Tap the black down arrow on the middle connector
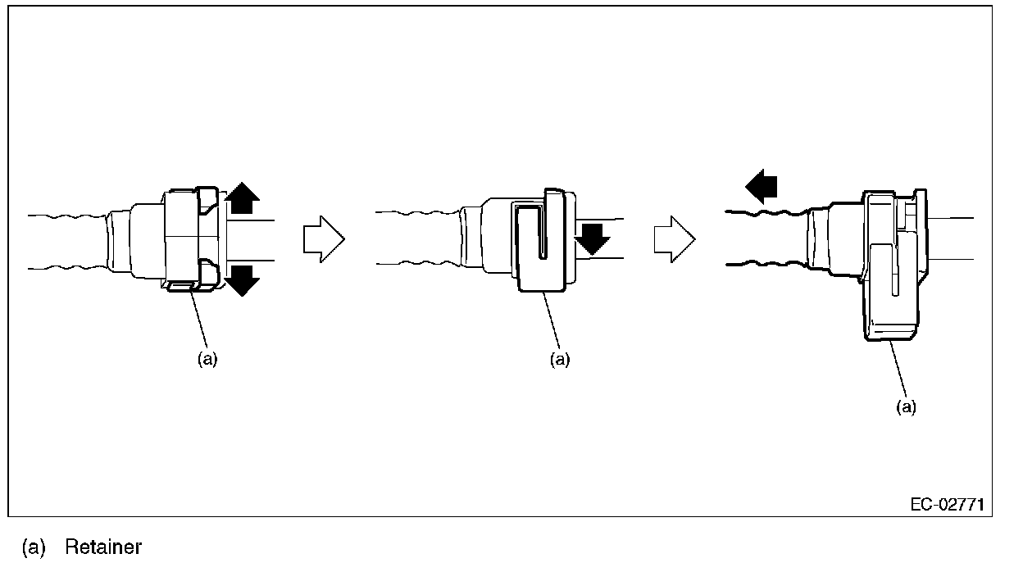click(x=592, y=238)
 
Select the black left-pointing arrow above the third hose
click(x=762, y=188)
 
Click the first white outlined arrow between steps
click(x=323, y=239)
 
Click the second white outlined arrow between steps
click(x=674, y=239)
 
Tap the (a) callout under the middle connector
click(x=559, y=359)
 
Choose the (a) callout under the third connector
click(x=906, y=407)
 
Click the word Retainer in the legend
click(x=103, y=547)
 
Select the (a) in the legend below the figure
click(x=34, y=547)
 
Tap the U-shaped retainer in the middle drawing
click(x=541, y=246)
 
